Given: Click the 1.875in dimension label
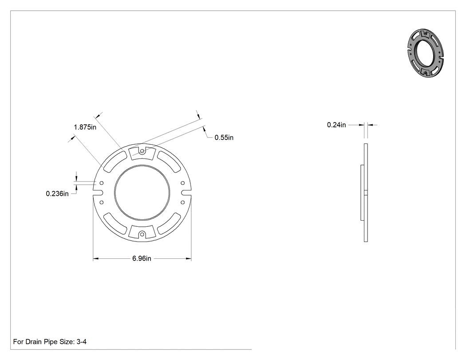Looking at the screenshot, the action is [85, 127].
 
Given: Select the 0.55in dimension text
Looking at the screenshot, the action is [224, 138].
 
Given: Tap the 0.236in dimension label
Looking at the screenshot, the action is [57, 194].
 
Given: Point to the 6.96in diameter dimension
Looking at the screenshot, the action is [142, 259].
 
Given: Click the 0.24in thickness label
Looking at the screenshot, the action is [336, 125].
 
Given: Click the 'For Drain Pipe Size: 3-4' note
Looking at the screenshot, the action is [50, 342].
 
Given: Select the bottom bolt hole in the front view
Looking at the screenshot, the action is [142, 234].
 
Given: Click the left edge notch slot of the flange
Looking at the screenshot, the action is [98, 193].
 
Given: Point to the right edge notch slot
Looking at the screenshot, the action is [186, 193].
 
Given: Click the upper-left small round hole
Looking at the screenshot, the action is [101, 183].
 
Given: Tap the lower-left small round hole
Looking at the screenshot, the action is [101, 203].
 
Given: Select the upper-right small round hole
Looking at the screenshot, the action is [183, 183].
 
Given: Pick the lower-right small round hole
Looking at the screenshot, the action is [183, 203].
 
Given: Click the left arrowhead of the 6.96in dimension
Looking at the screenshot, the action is [96, 259].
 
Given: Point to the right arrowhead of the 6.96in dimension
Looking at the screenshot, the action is [189, 259].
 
